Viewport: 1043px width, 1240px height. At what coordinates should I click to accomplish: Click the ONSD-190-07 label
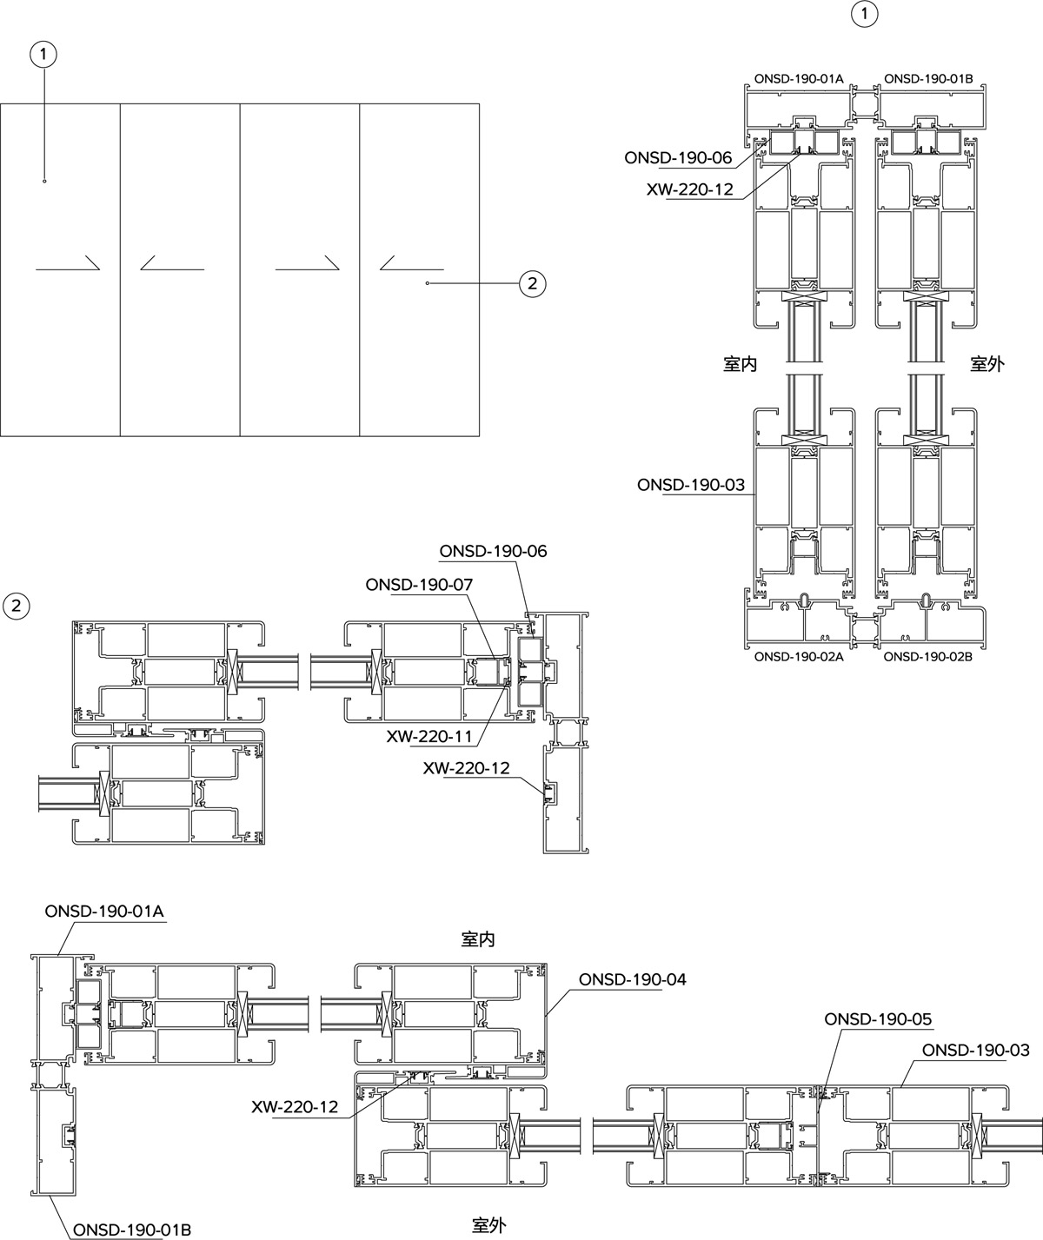click(419, 585)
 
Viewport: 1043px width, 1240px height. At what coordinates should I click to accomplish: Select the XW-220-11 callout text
click(428, 737)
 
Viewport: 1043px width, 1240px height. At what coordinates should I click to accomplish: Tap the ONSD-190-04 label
click(633, 980)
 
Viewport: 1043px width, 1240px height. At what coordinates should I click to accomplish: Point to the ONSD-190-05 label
click(878, 1019)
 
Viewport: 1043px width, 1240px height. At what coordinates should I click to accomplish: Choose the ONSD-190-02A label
click(799, 657)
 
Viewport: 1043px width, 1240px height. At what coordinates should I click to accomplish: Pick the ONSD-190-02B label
click(927, 657)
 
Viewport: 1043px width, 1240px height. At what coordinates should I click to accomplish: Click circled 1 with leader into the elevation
click(43, 56)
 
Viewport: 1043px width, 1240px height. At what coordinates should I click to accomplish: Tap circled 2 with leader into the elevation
click(532, 283)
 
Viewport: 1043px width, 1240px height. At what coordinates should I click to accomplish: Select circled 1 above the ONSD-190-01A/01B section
click(864, 14)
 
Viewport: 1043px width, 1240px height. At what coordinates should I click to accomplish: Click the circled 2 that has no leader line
click(16, 606)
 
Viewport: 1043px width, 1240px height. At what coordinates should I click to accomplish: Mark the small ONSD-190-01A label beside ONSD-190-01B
click(799, 79)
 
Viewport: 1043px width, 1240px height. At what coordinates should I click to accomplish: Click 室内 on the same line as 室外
click(740, 364)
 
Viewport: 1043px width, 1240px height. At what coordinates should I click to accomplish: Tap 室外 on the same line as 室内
click(987, 364)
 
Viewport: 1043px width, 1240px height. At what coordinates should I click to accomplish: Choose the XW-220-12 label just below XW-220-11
click(466, 768)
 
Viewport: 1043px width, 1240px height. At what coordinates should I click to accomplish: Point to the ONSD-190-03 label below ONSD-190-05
click(976, 1051)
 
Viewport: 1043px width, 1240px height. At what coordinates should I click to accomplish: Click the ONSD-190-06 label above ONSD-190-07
click(493, 552)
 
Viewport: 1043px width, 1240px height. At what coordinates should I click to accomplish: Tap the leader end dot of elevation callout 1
click(44, 181)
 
